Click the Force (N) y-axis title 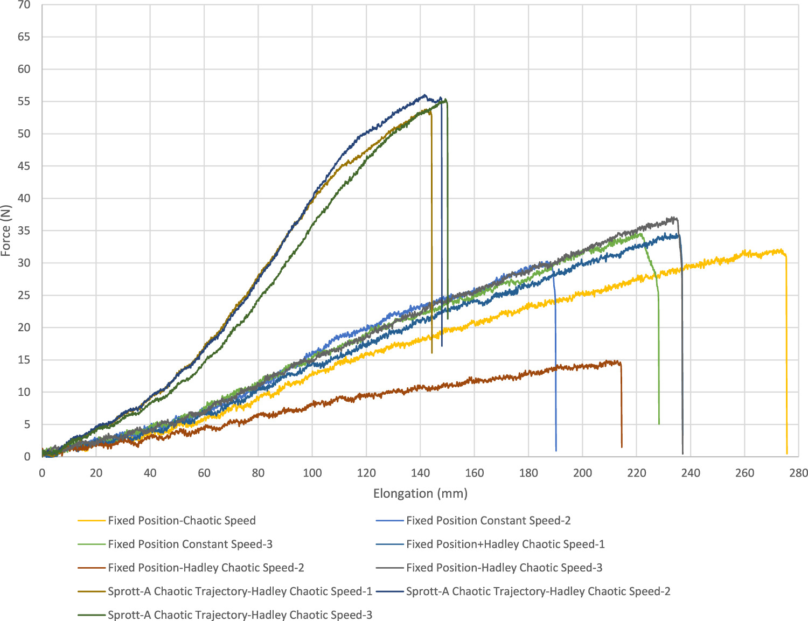click(x=6, y=231)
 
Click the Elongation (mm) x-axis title click(x=420, y=493)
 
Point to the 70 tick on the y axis click(x=24, y=5)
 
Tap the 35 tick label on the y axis click(x=24, y=231)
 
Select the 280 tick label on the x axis click(x=798, y=473)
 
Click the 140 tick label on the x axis click(x=420, y=473)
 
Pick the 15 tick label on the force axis click(x=24, y=360)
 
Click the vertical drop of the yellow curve click(x=786, y=355)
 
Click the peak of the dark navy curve click(x=424, y=95)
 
